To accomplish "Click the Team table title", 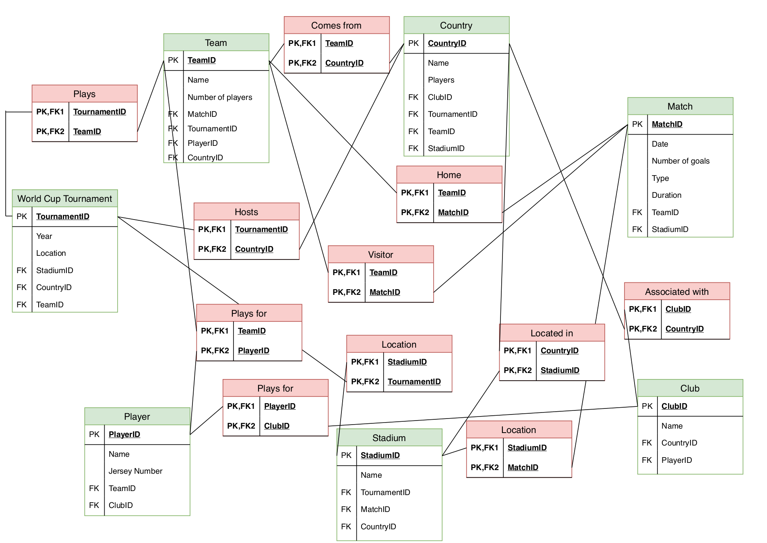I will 216,43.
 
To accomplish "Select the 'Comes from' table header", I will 336,25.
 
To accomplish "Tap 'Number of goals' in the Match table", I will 680,161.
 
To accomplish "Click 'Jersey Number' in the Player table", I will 135,471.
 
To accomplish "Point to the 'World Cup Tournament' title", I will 65,199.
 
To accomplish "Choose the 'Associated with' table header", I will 676,292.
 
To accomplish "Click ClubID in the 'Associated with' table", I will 678,309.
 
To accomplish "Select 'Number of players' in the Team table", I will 220,97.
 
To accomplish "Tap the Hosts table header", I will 246,212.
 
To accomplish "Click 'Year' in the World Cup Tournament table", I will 44,236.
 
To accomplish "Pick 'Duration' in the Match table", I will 666,195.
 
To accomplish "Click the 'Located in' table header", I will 552,333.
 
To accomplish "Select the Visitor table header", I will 380,255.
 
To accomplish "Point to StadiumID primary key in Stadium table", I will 380,455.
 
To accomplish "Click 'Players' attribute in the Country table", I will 441,80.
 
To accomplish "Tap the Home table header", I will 449,175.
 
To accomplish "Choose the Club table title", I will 690,388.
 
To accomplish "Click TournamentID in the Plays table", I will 99,112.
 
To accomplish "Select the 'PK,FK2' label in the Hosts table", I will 212,249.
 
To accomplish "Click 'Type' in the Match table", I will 660,178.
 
